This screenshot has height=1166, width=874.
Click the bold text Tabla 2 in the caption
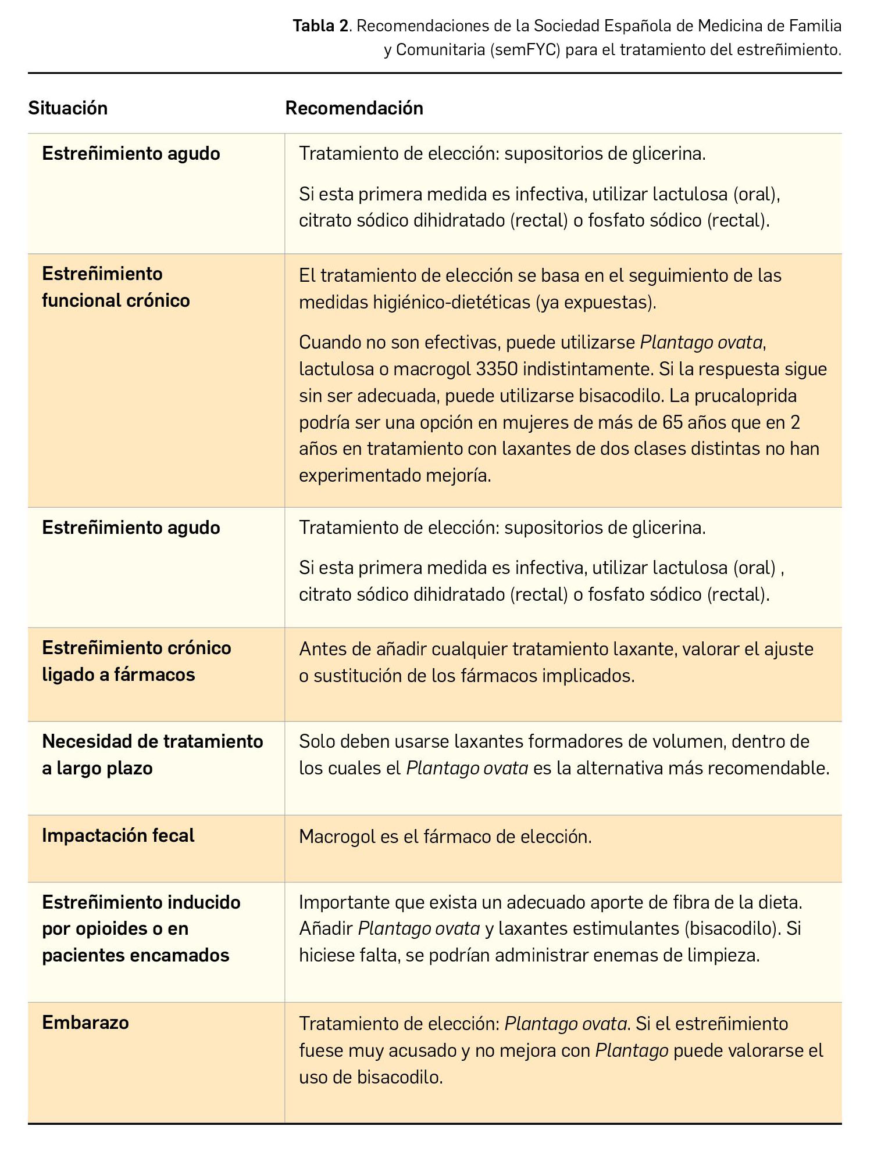coord(322,26)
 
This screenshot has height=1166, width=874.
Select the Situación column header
coord(68,108)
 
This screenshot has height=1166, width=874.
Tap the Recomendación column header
coord(354,108)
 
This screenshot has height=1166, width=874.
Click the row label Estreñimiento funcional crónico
coord(116,287)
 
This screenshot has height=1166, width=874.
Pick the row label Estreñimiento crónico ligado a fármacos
coord(136,661)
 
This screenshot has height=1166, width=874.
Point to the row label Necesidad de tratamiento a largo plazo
coord(152,755)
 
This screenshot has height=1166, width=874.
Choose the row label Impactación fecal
coord(118,835)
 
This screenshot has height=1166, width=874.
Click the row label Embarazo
coord(85,1023)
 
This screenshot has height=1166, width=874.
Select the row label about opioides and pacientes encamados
coord(141,928)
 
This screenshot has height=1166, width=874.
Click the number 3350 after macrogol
coord(500,369)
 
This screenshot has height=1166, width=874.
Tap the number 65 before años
coord(672,422)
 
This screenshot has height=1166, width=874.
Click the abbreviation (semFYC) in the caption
coord(525,50)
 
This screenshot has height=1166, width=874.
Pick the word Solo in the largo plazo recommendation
coord(317,741)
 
